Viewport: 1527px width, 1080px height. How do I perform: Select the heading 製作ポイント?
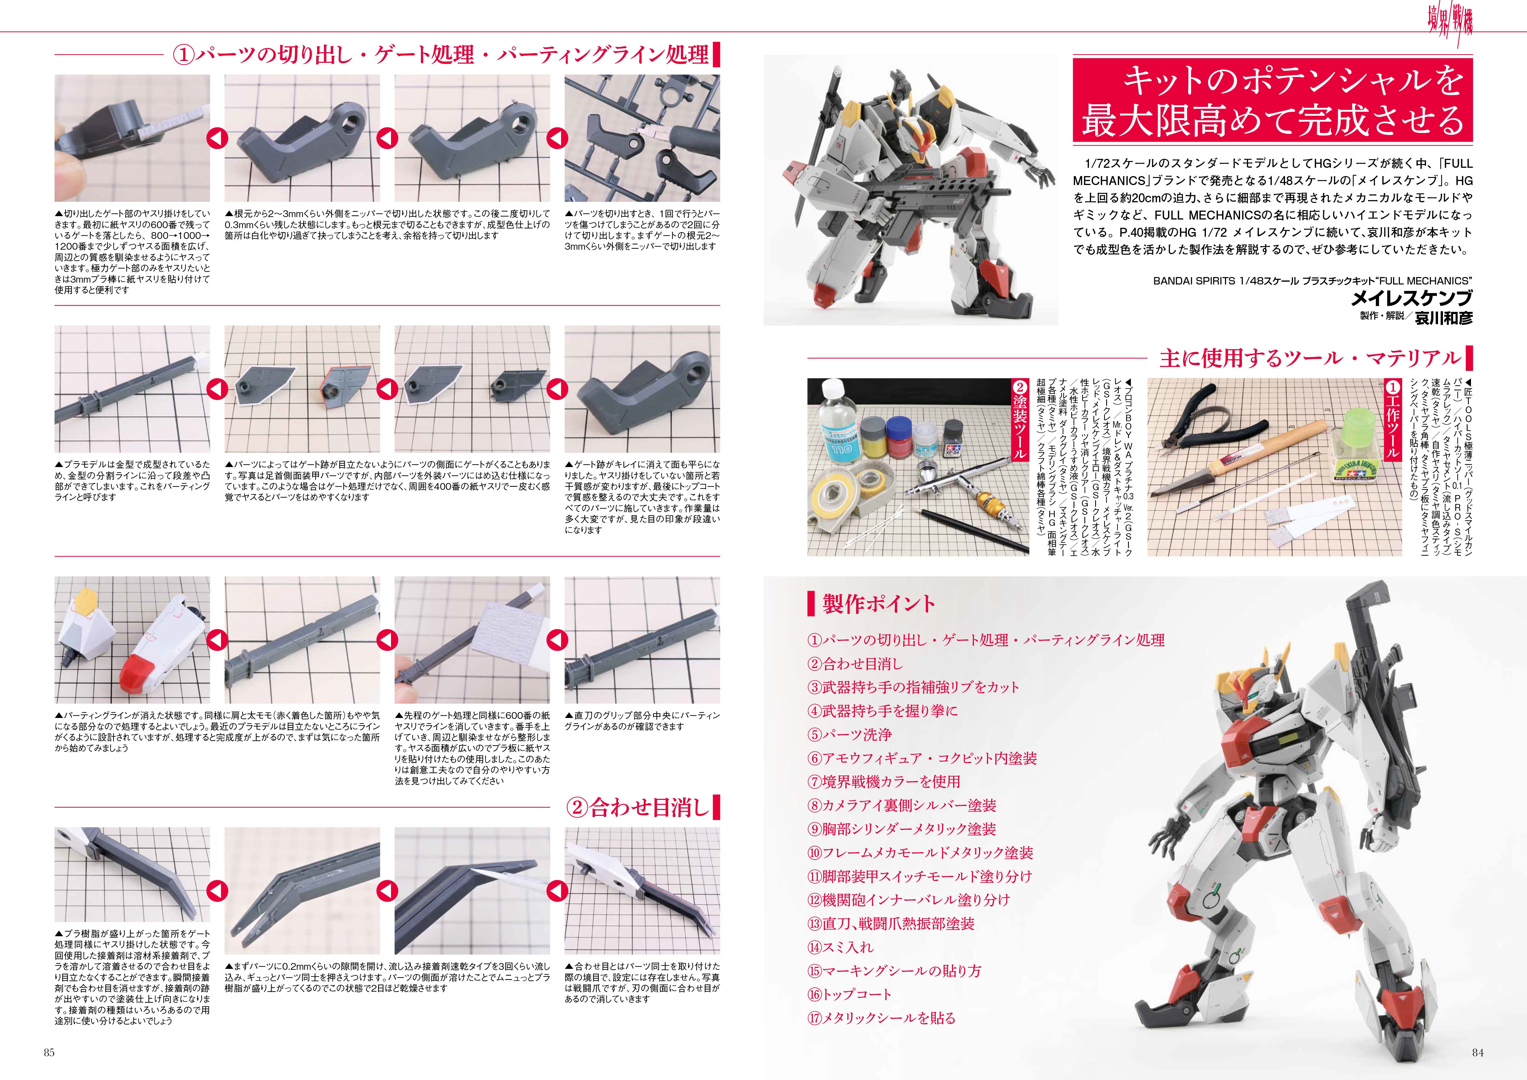pyautogui.click(x=879, y=604)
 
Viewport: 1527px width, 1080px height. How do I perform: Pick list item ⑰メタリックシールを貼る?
pyautogui.click(x=881, y=1018)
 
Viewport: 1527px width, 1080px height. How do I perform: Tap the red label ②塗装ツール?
pyautogui.click(x=1019, y=419)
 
